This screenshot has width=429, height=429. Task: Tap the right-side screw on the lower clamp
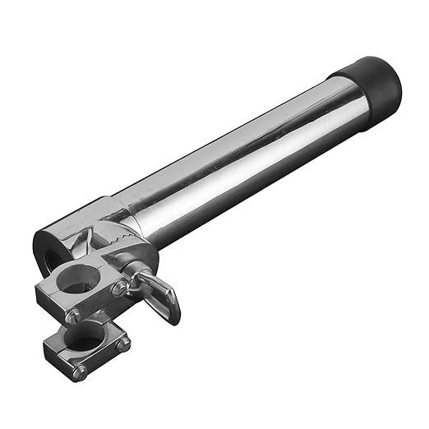pos(123,344)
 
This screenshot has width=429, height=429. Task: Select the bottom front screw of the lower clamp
pos(80,371)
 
